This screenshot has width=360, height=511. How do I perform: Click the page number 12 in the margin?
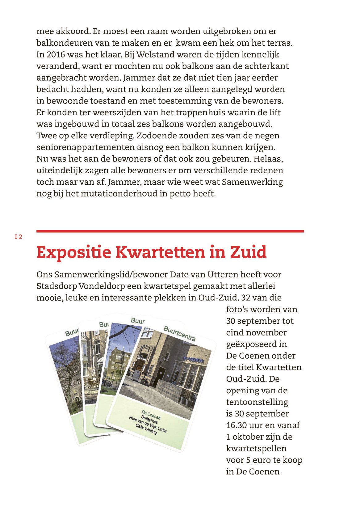click(x=19, y=237)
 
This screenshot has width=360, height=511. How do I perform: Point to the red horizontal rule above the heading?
click(x=170, y=231)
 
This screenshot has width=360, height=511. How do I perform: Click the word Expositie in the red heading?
click(x=73, y=252)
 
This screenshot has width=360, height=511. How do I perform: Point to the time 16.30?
click(x=237, y=425)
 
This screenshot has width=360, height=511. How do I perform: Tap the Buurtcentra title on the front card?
click(x=179, y=333)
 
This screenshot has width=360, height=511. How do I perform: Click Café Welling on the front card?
click(x=146, y=429)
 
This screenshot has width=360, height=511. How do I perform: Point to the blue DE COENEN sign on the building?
click(x=193, y=360)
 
